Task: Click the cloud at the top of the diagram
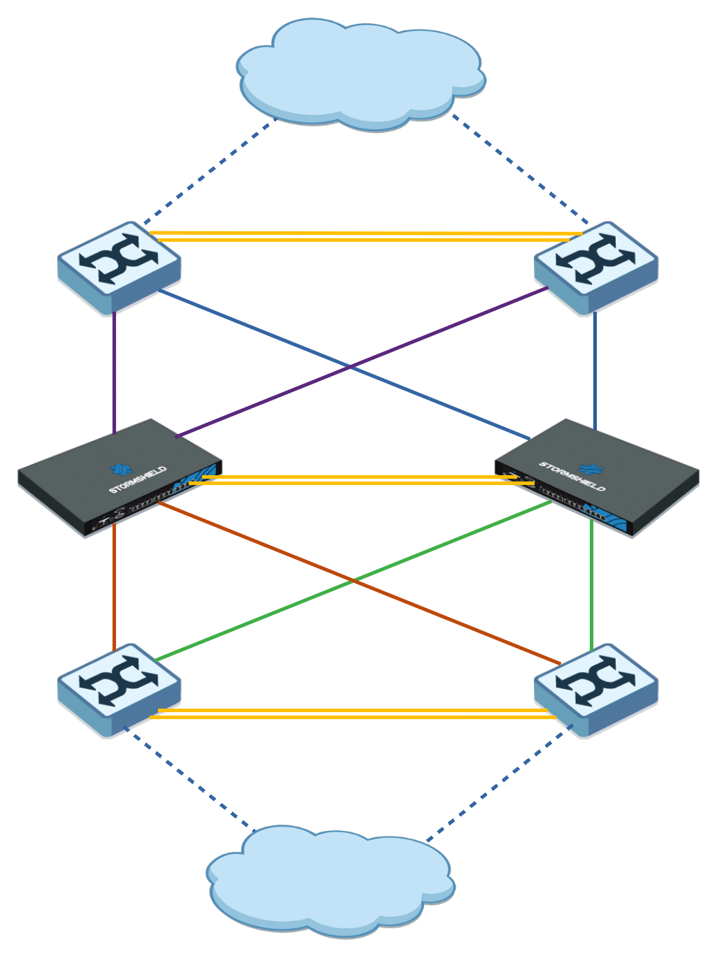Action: (x=360, y=73)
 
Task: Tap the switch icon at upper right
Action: (x=595, y=266)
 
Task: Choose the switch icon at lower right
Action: (x=595, y=688)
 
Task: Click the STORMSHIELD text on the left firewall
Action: (x=138, y=480)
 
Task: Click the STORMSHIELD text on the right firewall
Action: (x=572, y=476)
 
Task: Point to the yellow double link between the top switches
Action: (x=363, y=236)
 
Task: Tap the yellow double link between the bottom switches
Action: (x=353, y=714)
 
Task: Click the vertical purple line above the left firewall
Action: (x=114, y=370)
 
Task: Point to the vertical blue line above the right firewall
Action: (x=595, y=370)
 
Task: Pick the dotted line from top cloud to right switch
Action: (x=521, y=168)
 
